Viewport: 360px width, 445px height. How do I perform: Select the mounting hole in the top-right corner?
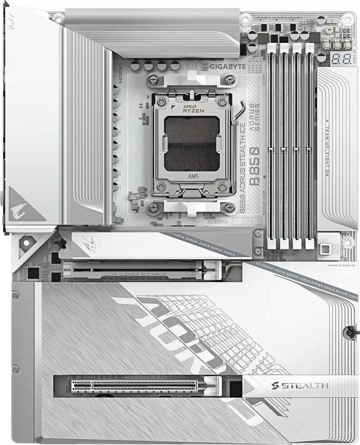click(347, 20)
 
